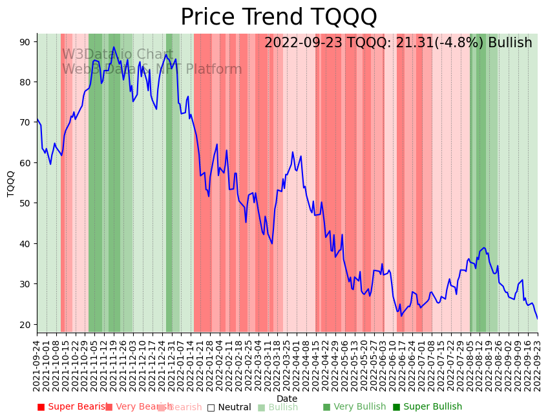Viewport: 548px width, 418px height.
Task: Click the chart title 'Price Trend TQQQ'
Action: click(x=279, y=17)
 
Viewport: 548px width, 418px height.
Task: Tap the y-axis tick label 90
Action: click(x=25, y=41)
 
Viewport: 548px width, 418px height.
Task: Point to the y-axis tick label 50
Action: click(x=25, y=203)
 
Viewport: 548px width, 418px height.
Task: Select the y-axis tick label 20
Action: click(x=25, y=324)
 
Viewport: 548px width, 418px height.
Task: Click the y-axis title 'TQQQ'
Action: click(x=11, y=183)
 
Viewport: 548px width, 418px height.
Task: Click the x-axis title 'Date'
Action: click(x=287, y=399)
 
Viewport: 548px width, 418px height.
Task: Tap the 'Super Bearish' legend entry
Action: click(x=71, y=407)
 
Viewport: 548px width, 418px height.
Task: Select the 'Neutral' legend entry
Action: click(x=229, y=407)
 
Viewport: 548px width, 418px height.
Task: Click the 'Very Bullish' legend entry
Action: click(x=354, y=407)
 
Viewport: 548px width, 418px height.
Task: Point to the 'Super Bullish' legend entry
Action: click(x=427, y=407)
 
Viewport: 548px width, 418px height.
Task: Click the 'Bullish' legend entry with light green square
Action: click(x=278, y=407)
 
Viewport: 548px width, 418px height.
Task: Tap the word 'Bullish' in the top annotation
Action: click(x=510, y=43)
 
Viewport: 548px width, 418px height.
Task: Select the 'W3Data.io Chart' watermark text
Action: click(x=118, y=55)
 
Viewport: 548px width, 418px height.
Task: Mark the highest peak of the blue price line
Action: click(x=114, y=47)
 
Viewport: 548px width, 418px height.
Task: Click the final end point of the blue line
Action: click(x=537, y=318)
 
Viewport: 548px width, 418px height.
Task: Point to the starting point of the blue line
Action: click(x=37, y=119)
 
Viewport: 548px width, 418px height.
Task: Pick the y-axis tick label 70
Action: click(x=25, y=122)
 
